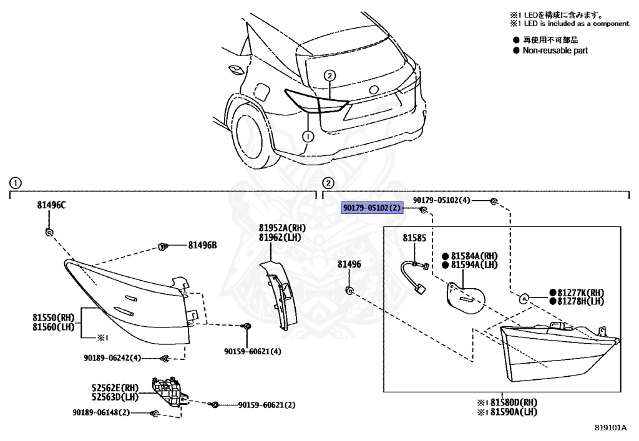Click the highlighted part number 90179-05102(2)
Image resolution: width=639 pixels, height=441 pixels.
click(373, 208)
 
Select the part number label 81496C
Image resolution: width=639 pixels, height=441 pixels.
click(51, 205)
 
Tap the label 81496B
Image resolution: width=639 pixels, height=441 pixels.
click(202, 245)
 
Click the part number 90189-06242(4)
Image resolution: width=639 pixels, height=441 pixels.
click(112, 358)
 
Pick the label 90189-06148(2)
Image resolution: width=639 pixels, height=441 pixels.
click(100, 413)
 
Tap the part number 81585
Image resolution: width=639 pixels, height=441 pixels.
click(414, 238)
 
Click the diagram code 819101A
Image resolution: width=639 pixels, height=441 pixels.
click(610, 428)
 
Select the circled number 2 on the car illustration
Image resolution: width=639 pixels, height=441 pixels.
click(329, 75)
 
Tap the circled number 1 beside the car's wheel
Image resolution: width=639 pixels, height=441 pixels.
click(307, 135)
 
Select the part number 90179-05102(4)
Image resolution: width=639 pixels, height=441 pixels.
click(442, 200)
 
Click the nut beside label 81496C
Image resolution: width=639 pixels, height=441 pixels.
click(49, 232)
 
